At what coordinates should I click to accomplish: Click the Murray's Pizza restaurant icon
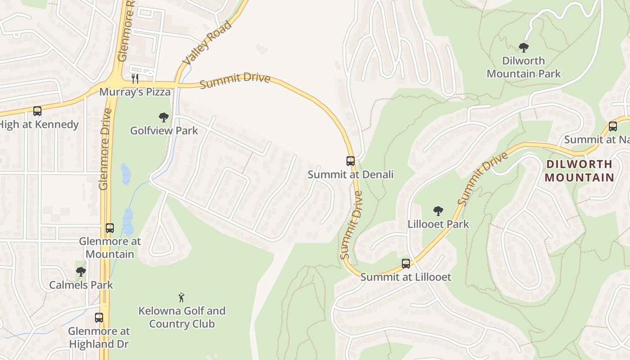pyautogui.click(x=135, y=79)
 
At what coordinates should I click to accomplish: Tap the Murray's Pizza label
pyautogui.click(x=135, y=92)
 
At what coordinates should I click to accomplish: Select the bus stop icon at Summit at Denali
pyautogui.click(x=351, y=161)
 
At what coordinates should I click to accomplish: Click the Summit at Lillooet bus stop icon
pyautogui.click(x=406, y=264)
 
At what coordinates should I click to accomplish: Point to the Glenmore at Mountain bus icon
pyautogui.click(x=110, y=228)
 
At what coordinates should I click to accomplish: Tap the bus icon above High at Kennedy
pyautogui.click(x=37, y=111)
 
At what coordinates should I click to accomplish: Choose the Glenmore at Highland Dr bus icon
pyautogui.click(x=99, y=318)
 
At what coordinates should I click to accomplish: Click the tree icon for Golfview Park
pyautogui.click(x=164, y=117)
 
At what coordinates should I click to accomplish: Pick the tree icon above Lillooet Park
pyautogui.click(x=438, y=211)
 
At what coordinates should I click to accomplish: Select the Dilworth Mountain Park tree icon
pyautogui.click(x=523, y=47)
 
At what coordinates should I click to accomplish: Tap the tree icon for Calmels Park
pyautogui.click(x=81, y=272)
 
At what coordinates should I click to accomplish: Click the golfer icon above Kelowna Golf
pyautogui.click(x=181, y=297)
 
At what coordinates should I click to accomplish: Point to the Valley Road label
pyautogui.click(x=207, y=42)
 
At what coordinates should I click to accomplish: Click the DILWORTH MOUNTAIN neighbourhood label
pyautogui.click(x=579, y=171)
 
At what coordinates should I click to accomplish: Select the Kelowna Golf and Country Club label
pyautogui.click(x=182, y=317)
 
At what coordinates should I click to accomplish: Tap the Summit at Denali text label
pyautogui.click(x=351, y=175)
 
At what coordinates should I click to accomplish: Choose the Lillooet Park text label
pyautogui.click(x=438, y=224)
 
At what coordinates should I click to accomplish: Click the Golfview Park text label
pyautogui.click(x=164, y=131)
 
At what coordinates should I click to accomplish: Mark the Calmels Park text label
pyautogui.click(x=81, y=285)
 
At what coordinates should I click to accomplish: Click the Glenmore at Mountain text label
pyautogui.click(x=110, y=248)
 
